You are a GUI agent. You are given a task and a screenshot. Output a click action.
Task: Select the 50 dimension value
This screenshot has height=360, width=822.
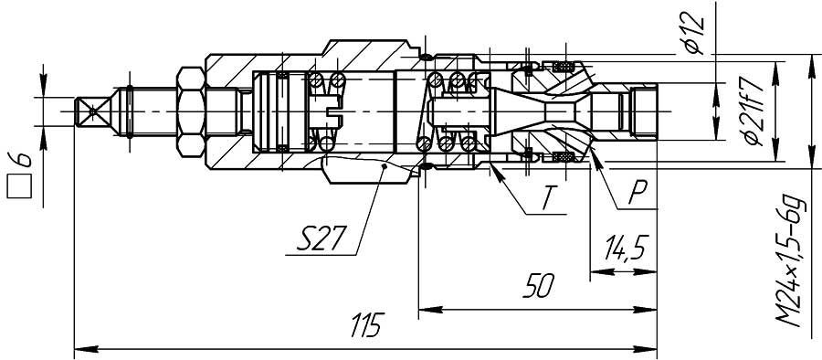tap(538, 286)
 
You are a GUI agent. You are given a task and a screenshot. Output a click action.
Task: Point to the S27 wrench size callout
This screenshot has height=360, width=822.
tap(321, 238)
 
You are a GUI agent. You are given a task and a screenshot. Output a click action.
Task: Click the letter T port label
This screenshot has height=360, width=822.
tap(547, 198)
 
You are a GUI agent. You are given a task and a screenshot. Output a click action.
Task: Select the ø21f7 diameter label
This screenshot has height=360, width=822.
tap(753, 114)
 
